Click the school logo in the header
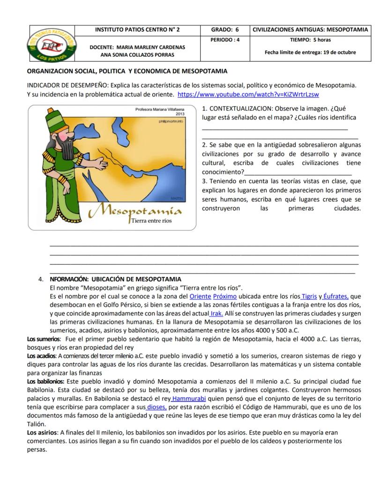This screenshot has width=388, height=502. pos(52,44)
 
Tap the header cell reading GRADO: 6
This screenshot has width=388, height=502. pos(224,30)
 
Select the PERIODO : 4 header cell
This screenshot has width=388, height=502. pos(224,40)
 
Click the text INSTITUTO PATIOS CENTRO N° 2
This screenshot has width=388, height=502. pos(137,30)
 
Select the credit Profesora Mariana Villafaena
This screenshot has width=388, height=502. pos(160,109)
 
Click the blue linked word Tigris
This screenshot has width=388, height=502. pos(309,296)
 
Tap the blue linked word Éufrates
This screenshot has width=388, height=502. pos(336,296)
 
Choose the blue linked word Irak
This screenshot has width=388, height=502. pos(216,313)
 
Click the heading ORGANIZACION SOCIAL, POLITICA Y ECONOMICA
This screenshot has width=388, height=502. pos(127,71)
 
